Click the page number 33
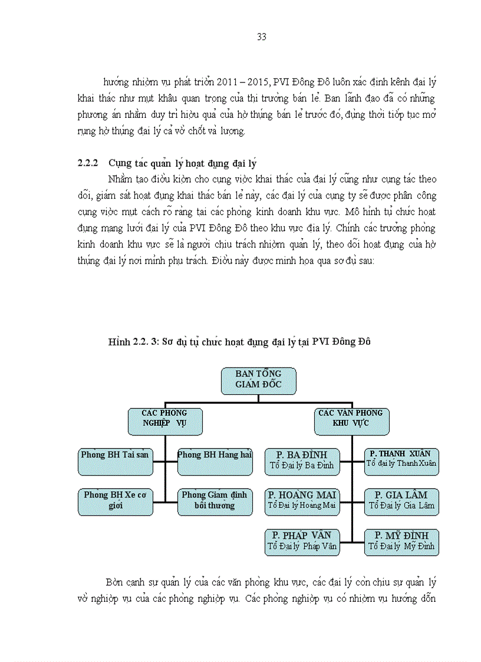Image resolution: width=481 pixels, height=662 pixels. [x=262, y=37]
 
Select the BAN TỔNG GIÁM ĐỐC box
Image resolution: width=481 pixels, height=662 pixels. [x=259, y=381]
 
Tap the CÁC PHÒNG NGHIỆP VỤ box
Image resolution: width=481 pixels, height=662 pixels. [x=165, y=421]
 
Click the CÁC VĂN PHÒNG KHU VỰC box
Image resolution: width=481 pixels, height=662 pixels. [x=351, y=421]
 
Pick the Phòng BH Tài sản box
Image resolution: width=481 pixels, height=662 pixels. [x=116, y=462]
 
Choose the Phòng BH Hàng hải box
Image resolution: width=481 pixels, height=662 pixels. [x=215, y=462]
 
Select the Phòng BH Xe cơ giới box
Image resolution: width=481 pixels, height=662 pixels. [x=116, y=502]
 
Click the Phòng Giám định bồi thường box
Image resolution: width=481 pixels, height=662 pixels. [x=215, y=502]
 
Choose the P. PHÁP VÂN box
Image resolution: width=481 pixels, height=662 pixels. [x=302, y=542]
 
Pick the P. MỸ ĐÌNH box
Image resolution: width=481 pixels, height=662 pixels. [x=401, y=542]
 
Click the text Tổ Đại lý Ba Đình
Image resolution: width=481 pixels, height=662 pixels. [x=302, y=465]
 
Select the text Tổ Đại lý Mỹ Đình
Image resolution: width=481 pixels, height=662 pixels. [x=401, y=546]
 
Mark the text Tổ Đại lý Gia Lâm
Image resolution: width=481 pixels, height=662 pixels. [x=401, y=506]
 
